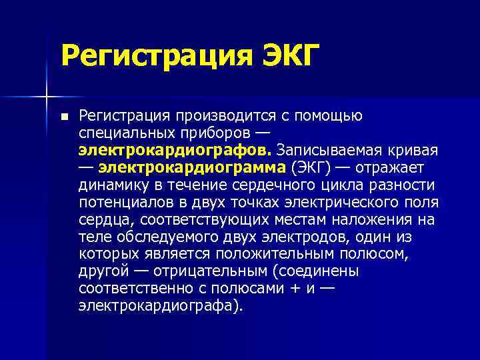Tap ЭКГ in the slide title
(284, 55)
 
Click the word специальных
(125, 133)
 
